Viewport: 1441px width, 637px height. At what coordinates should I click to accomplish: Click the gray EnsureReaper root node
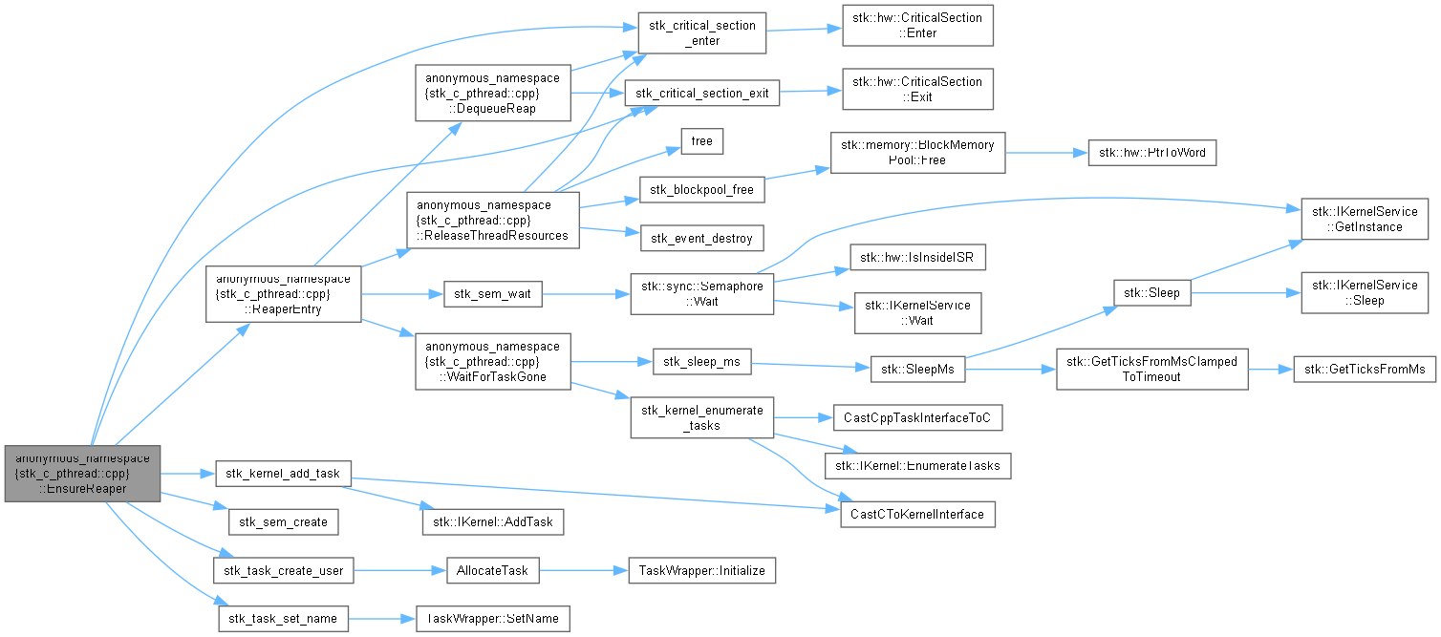[x=82, y=474]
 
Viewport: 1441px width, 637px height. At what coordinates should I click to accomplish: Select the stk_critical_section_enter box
[x=701, y=32]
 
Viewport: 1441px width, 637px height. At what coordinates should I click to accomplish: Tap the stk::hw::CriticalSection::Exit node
[x=917, y=90]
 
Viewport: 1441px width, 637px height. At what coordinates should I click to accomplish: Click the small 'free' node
[x=701, y=141]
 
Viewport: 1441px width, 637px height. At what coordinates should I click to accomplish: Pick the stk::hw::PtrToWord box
[x=1152, y=153]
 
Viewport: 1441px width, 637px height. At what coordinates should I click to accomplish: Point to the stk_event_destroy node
[x=701, y=239]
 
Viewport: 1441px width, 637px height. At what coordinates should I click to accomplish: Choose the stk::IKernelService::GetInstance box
[x=1365, y=220]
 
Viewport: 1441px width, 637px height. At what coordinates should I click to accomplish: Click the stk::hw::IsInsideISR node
[x=917, y=258]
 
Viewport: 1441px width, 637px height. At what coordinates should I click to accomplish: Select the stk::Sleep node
[x=1152, y=293]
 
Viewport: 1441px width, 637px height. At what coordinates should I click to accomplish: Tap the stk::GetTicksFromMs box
[x=1365, y=370]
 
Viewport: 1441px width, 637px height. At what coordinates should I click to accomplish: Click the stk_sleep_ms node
[x=701, y=362]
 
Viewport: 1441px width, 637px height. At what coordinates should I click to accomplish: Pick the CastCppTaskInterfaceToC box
[x=917, y=417]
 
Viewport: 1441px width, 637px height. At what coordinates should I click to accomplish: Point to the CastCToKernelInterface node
[x=917, y=514]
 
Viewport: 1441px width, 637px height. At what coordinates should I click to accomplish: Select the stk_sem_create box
[x=283, y=522]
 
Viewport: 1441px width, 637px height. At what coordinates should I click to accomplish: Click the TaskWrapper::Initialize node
[x=701, y=571]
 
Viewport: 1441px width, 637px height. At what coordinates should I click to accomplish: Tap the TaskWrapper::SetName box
[x=493, y=618]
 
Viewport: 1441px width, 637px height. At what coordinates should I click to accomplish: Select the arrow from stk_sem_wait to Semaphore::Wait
[x=586, y=294]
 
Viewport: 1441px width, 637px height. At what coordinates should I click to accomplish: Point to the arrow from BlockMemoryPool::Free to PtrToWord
[x=1046, y=153]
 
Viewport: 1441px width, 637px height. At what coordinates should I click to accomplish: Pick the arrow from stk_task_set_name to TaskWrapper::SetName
[x=382, y=619]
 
